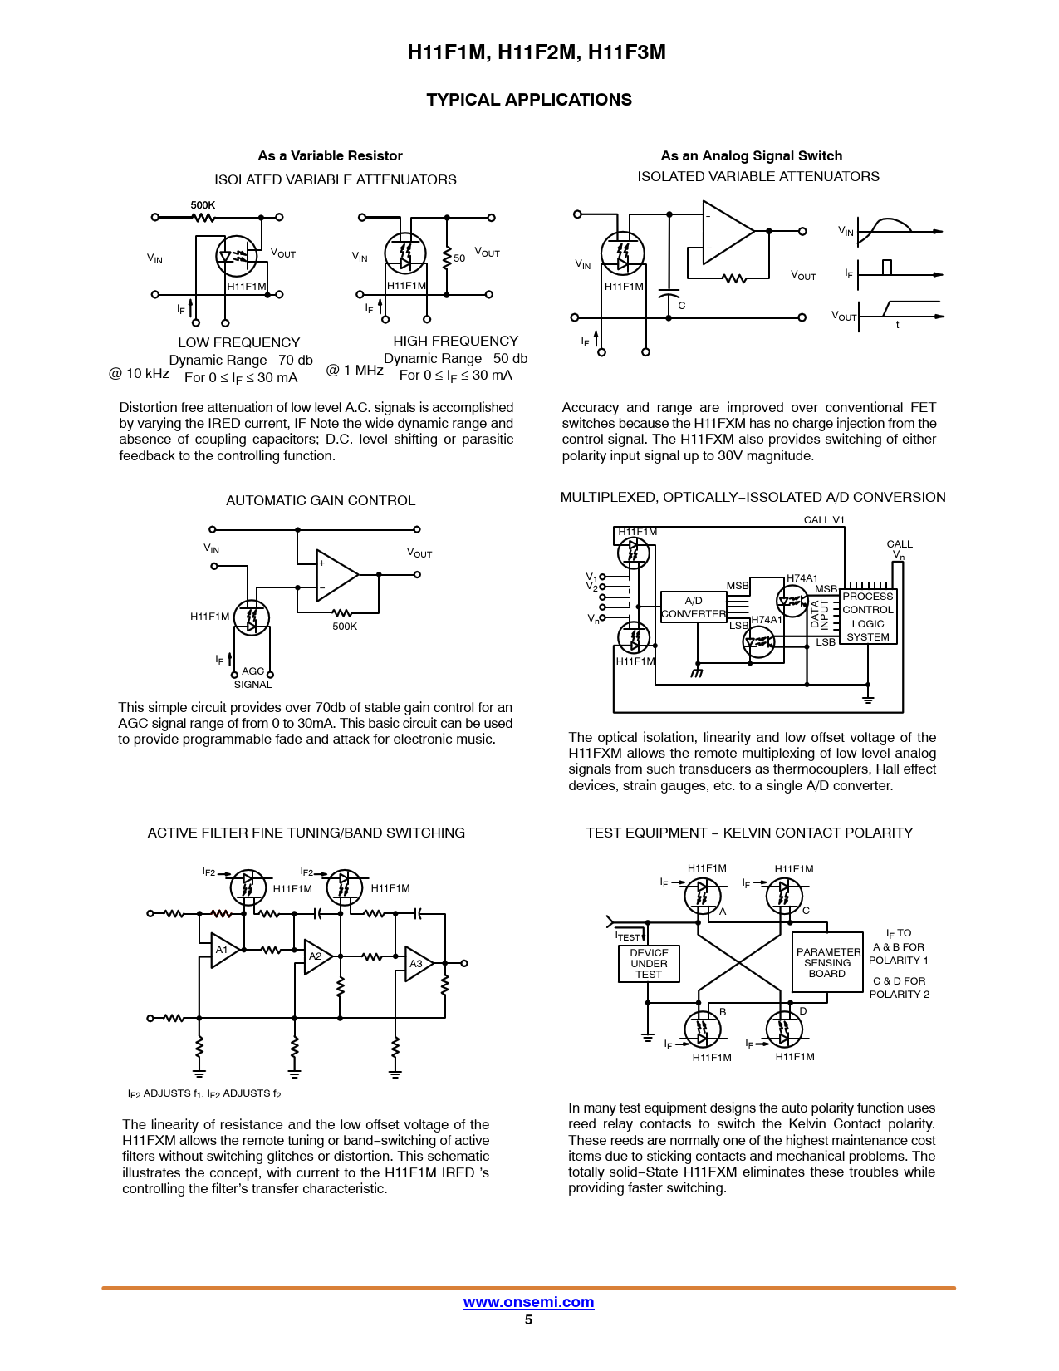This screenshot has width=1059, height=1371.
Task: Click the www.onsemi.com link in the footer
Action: click(528, 1302)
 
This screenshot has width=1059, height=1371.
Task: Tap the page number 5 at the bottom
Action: click(528, 1319)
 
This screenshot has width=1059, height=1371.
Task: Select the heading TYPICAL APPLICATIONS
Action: click(529, 100)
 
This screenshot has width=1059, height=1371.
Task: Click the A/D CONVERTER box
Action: click(694, 607)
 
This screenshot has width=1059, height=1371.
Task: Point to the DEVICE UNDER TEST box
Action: click(649, 964)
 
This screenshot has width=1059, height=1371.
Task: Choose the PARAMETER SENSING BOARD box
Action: click(827, 962)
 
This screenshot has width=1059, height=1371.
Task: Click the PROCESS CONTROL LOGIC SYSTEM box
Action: click(868, 617)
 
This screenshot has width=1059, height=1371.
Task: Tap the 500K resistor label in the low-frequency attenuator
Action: click(203, 204)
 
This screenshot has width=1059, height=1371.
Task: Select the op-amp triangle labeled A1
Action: click(223, 950)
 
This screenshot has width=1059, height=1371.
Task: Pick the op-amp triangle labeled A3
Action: click(417, 964)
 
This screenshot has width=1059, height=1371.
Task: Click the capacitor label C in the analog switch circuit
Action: click(682, 306)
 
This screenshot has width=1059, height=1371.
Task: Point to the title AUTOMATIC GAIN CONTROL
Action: click(321, 500)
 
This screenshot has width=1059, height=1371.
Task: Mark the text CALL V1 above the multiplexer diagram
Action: click(824, 520)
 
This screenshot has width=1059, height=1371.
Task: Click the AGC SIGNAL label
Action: click(253, 678)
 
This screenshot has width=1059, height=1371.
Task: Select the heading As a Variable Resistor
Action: click(330, 155)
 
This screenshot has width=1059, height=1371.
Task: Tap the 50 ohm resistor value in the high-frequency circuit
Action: click(459, 258)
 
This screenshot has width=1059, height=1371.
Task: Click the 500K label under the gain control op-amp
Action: click(345, 627)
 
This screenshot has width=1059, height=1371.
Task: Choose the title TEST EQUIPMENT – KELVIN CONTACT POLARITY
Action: click(749, 833)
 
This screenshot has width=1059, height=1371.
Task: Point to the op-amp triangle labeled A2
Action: click(317, 956)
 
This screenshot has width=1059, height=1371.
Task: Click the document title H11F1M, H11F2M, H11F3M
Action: click(537, 52)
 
